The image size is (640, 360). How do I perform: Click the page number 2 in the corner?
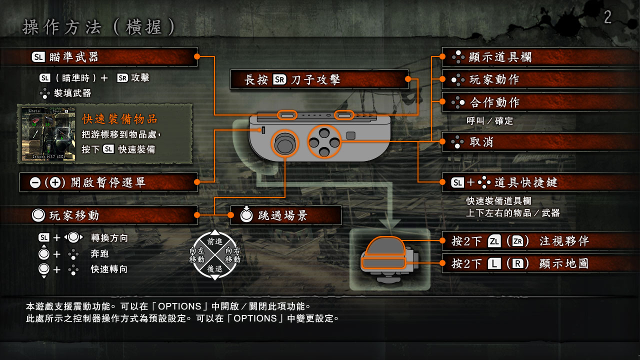coord(607,17)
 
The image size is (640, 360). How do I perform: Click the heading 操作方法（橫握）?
coord(99,27)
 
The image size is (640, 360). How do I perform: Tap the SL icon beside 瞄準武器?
coord(38,57)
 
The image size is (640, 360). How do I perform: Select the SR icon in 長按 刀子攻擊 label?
coord(279,79)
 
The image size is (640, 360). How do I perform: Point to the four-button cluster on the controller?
coord(324,142)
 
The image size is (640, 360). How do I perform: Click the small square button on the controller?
coord(351,135)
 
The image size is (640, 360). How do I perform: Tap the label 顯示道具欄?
coord(500,57)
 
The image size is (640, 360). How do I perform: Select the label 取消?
coord(481,141)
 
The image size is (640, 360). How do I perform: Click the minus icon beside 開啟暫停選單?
coord(35,182)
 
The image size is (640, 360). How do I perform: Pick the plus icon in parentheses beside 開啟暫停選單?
coord(55,182)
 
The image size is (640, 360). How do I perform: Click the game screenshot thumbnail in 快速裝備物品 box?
coord(48,133)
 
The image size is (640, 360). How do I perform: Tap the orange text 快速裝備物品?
coord(120,119)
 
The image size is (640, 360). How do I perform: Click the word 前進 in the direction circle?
coord(215,241)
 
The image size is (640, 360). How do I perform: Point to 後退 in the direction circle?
coord(215,269)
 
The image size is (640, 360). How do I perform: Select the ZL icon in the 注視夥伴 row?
coord(494,241)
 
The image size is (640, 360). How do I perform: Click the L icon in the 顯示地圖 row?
coord(494,263)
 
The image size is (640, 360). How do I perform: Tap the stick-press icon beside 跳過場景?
coord(246,214)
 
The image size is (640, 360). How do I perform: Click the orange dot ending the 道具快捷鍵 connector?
coord(442,182)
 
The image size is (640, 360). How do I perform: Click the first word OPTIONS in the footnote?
coord(179,306)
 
